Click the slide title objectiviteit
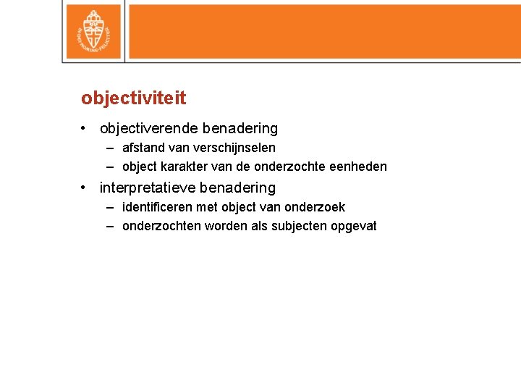[x=133, y=98]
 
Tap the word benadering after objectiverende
[x=240, y=129]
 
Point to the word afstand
[x=143, y=148]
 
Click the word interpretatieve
[x=147, y=188]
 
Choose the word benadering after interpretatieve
[x=237, y=188]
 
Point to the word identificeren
[x=157, y=207]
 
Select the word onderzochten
[x=162, y=226]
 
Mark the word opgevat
[x=354, y=226]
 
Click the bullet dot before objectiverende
[x=85, y=129]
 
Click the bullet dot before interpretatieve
[x=85, y=188]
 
